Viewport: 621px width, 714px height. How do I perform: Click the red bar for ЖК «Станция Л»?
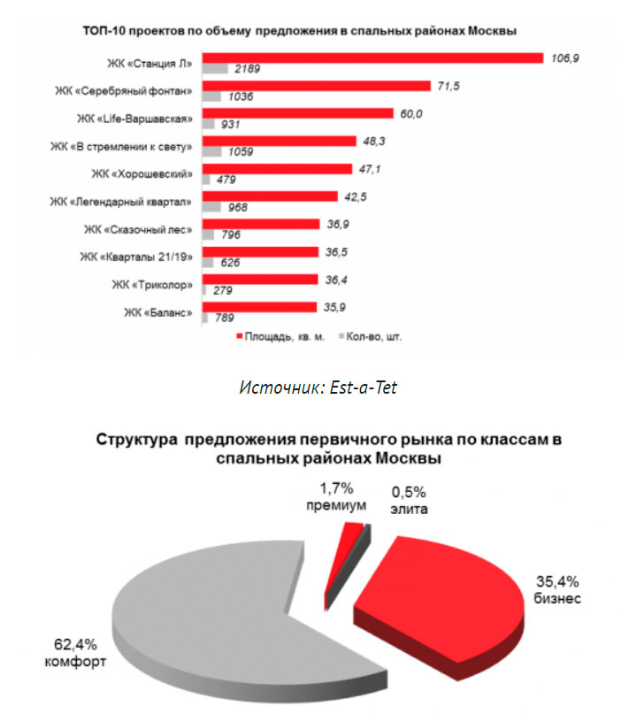point(372,58)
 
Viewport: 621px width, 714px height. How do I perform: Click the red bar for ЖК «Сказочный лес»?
point(260,224)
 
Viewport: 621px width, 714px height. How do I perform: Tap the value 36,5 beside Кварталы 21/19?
point(337,250)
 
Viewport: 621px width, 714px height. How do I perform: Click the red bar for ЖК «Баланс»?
point(258,307)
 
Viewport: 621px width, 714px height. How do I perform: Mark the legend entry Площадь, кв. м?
point(280,337)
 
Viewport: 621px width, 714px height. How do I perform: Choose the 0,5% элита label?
point(408,501)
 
